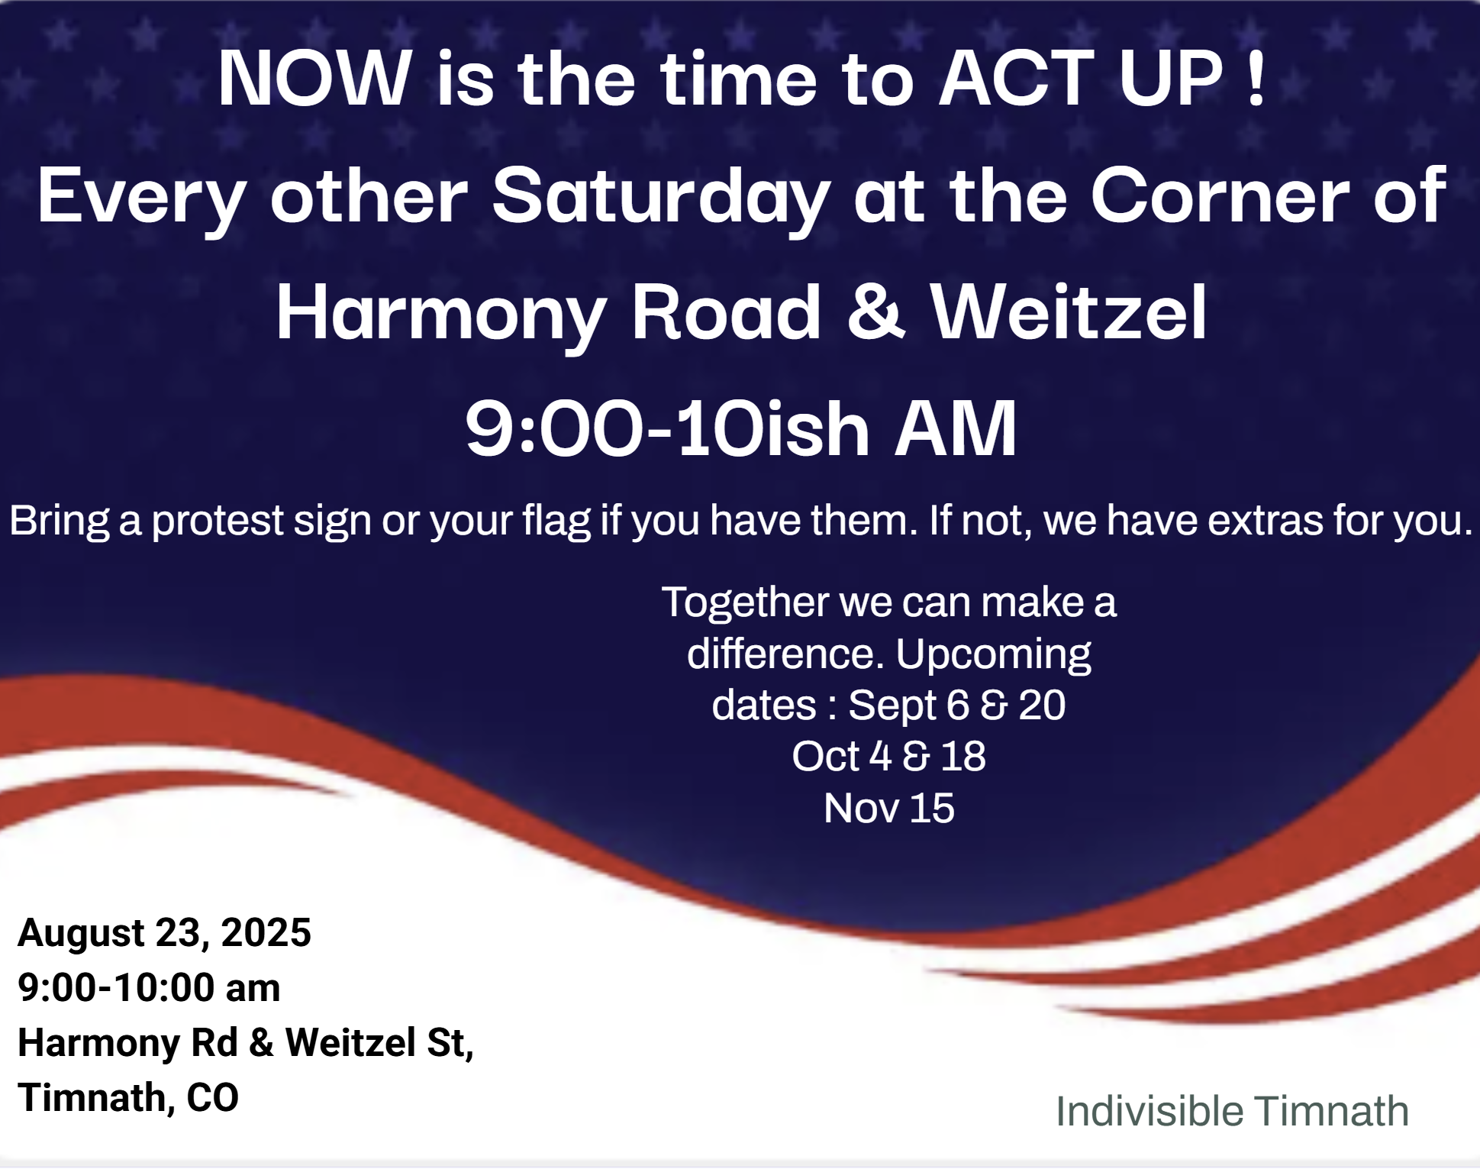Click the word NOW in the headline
(314, 78)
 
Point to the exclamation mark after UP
(1256, 78)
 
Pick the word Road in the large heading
(726, 312)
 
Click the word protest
(218, 522)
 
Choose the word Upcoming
(993, 655)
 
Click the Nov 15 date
(889, 808)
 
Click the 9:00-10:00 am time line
(149, 987)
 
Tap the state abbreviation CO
(213, 1098)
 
